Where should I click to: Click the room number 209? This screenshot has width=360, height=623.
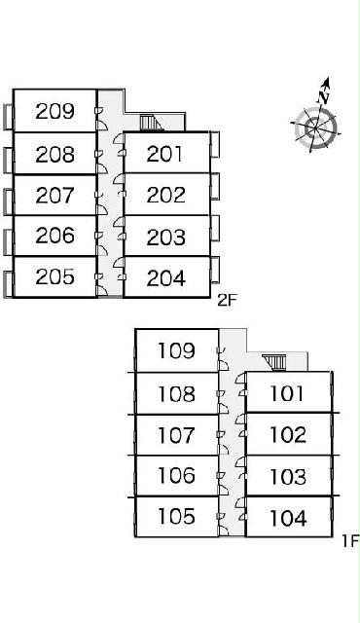(x=54, y=111)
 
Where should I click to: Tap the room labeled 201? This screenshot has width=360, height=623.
(x=164, y=154)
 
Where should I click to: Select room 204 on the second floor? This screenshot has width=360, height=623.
(x=166, y=278)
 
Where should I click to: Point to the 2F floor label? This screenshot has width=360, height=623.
(x=227, y=301)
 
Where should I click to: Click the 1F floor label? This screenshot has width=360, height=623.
(x=350, y=541)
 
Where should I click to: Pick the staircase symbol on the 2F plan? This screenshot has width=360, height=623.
(x=151, y=123)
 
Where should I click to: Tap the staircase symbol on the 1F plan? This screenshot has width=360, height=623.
(x=273, y=362)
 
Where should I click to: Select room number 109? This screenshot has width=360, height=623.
(x=177, y=350)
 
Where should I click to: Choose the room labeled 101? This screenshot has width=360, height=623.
(x=287, y=393)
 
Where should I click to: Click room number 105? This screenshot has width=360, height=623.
(x=177, y=516)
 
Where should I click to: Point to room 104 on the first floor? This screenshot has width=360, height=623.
(x=288, y=518)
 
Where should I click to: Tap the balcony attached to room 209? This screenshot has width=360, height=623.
(x=9, y=117)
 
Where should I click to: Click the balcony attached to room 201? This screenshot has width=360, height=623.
(x=215, y=144)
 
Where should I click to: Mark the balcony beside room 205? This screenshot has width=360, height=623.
(x=9, y=284)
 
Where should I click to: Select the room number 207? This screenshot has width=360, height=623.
(x=54, y=195)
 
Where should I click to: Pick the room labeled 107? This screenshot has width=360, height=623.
(x=177, y=435)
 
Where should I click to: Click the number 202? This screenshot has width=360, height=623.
(x=166, y=195)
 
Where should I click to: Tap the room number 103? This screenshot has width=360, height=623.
(x=288, y=476)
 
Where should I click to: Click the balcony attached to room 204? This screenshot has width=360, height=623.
(x=215, y=270)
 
